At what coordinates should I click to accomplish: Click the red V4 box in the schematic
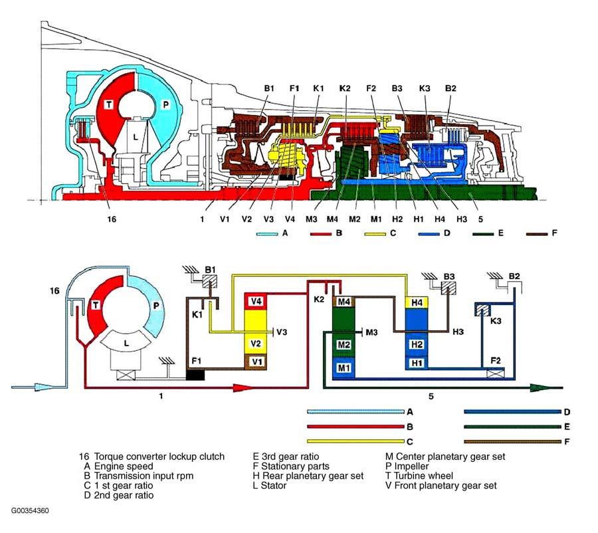tap(256, 301)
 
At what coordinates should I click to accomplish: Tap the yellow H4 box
tap(416, 302)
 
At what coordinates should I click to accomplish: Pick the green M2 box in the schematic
tap(344, 345)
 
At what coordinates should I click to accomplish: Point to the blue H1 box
tap(416, 363)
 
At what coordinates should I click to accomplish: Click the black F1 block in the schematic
tap(195, 375)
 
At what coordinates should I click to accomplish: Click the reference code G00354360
tap(29, 512)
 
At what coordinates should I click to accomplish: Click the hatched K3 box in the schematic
tap(482, 309)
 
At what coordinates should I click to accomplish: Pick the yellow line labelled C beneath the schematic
tap(355, 441)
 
